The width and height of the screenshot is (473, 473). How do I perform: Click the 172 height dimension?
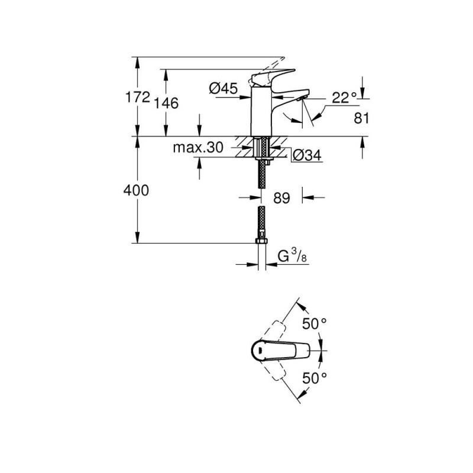point(138,97)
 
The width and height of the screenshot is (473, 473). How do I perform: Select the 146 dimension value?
point(166,103)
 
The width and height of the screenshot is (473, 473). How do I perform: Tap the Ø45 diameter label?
point(223,88)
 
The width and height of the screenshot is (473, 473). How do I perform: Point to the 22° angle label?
point(344,98)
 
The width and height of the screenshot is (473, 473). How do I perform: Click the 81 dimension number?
point(361,118)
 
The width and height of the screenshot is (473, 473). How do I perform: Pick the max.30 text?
point(198,147)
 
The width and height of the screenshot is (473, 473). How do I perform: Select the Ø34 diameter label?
point(307,155)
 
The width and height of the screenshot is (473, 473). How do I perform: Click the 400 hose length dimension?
point(136,190)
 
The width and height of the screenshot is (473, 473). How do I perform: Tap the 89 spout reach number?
point(281,198)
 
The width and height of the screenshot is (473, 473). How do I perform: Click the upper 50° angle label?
point(315,324)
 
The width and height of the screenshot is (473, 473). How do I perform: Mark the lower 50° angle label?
point(315,378)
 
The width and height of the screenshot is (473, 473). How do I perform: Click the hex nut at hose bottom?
point(261,241)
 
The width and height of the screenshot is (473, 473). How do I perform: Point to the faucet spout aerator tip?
point(301,98)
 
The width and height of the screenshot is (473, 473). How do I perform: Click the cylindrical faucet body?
point(261,112)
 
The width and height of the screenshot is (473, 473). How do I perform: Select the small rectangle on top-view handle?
point(260,351)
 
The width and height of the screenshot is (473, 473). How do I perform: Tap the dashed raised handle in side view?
point(267,69)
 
